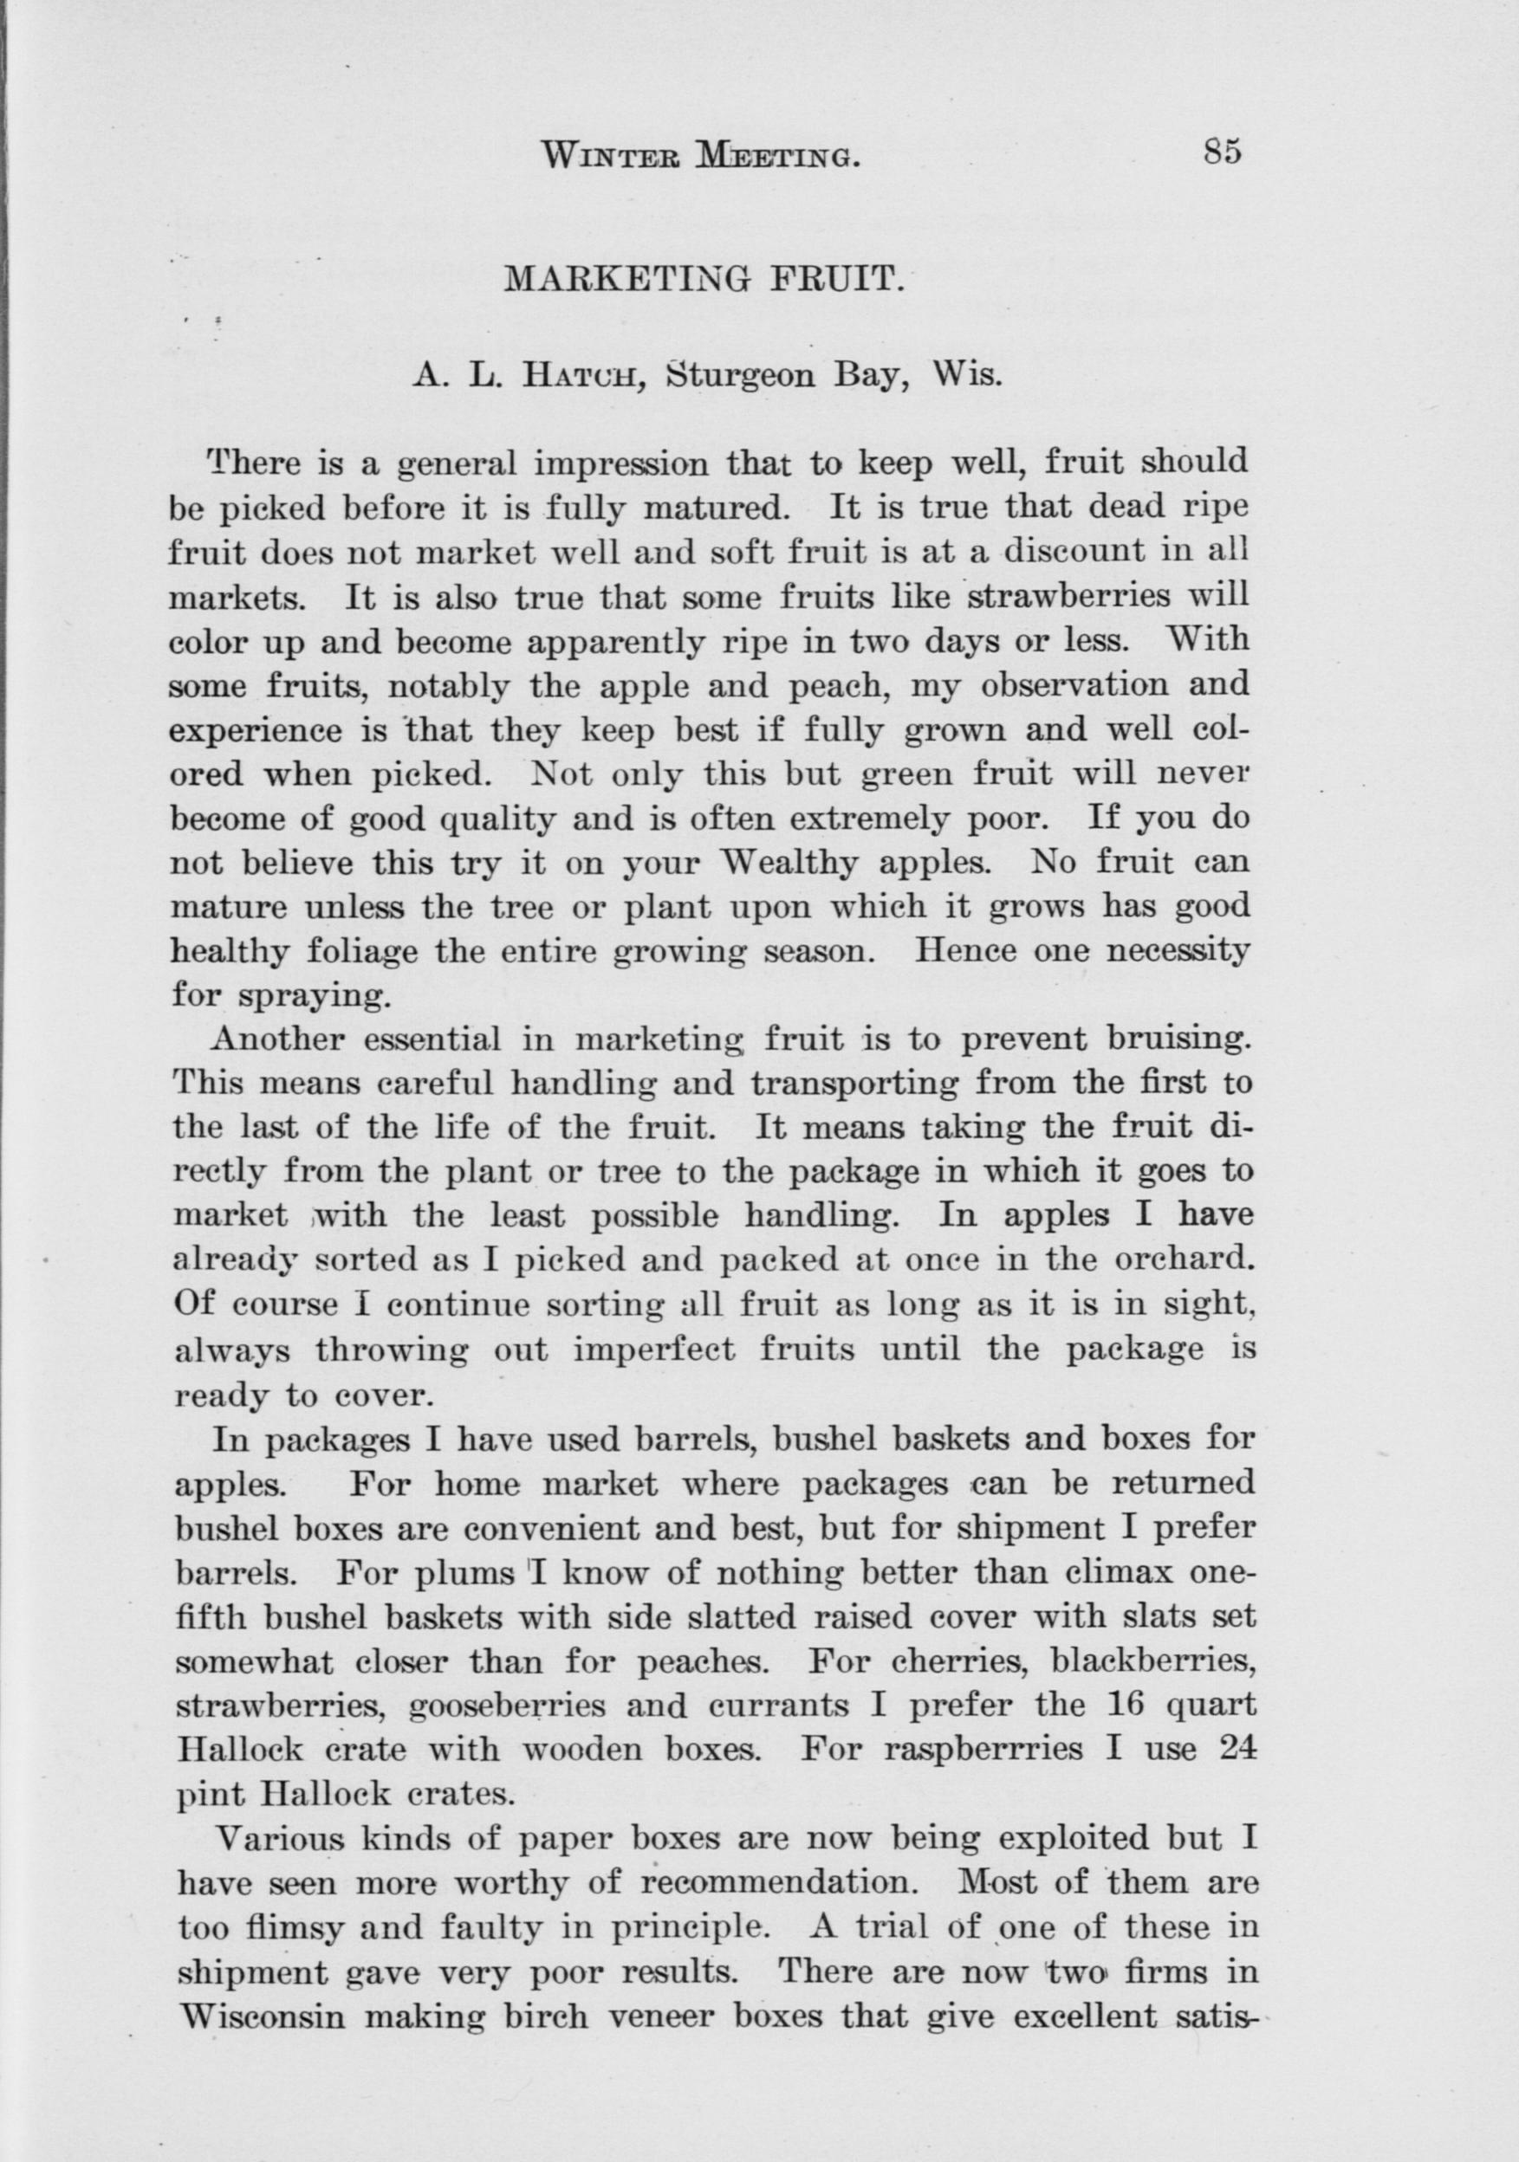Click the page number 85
coord(1224,152)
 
